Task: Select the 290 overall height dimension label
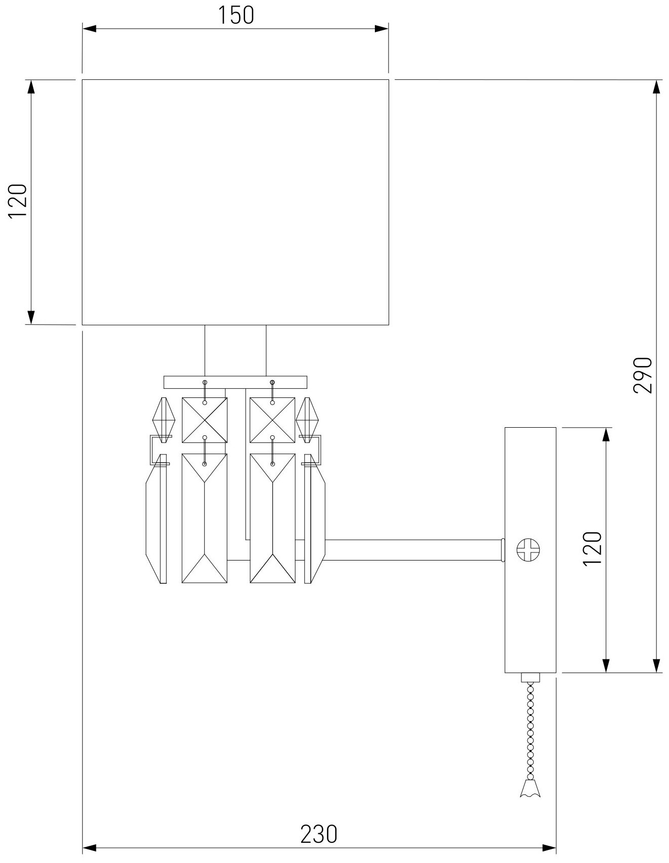click(643, 375)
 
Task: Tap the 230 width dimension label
click(318, 834)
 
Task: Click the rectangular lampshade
click(235, 202)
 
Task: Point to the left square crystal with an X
click(205, 420)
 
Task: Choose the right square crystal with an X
click(272, 420)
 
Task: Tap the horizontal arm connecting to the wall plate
click(414, 549)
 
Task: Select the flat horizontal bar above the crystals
click(235, 382)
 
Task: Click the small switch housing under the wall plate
click(530, 677)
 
